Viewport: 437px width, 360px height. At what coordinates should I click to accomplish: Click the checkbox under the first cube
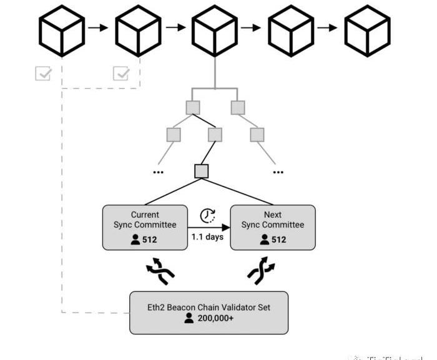[x=44, y=74]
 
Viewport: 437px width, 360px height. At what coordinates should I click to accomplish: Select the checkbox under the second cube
[x=120, y=74]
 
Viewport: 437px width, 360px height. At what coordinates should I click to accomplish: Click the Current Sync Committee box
[x=145, y=227]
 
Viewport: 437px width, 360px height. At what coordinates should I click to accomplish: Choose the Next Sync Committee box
[x=273, y=227]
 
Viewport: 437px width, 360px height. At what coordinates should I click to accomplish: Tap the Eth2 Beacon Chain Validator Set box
[x=209, y=312]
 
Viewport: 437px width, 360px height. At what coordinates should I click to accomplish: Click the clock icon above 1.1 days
[x=208, y=216]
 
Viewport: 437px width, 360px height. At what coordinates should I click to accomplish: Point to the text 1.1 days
[x=208, y=238]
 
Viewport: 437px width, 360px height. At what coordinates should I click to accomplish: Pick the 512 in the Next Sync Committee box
[x=279, y=240]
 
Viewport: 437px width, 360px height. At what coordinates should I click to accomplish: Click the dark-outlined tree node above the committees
[x=201, y=170]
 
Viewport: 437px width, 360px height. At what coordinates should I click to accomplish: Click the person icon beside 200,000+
[x=190, y=318]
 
